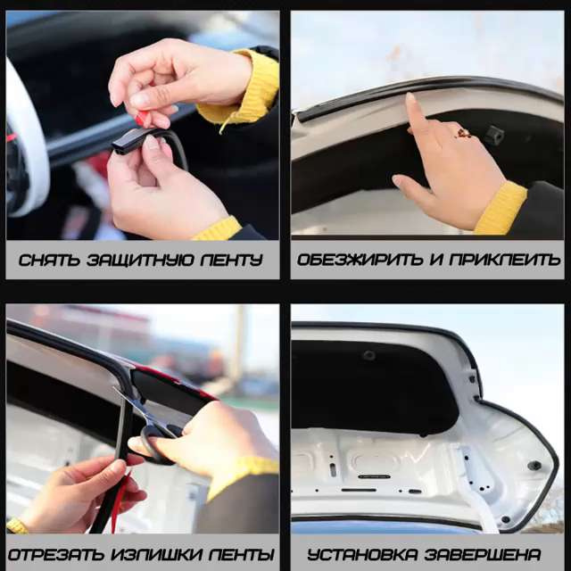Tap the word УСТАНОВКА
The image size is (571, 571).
pyautogui.click(x=362, y=554)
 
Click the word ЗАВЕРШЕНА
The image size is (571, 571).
pyautogui.click(x=483, y=554)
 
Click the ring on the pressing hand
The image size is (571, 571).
pyautogui.click(x=463, y=133)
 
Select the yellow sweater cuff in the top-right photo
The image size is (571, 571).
pyautogui.click(x=501, y=208)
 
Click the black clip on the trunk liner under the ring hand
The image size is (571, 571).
pyautogui.click(x=494, y=135)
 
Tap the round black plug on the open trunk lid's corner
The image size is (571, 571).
pyautogui.click(x=534, y=466)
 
